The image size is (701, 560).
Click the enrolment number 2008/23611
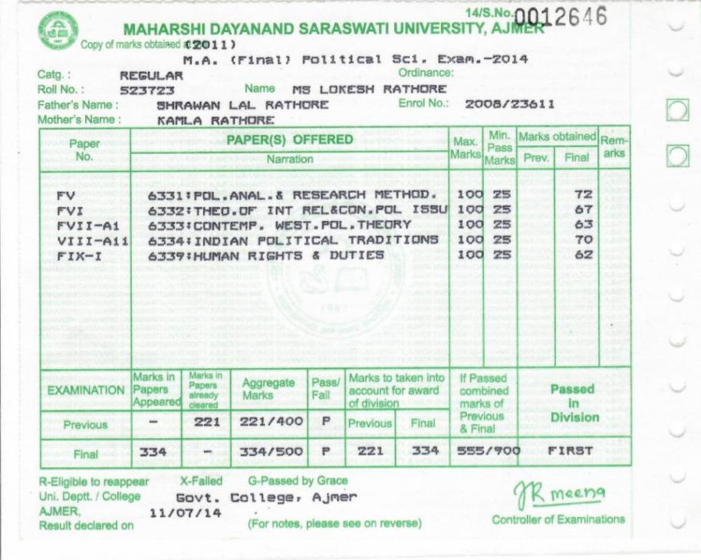508,104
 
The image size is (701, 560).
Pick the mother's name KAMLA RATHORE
205,120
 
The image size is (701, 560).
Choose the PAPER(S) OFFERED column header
289,140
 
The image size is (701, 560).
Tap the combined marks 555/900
485,452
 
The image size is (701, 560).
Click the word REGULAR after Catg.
152,76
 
